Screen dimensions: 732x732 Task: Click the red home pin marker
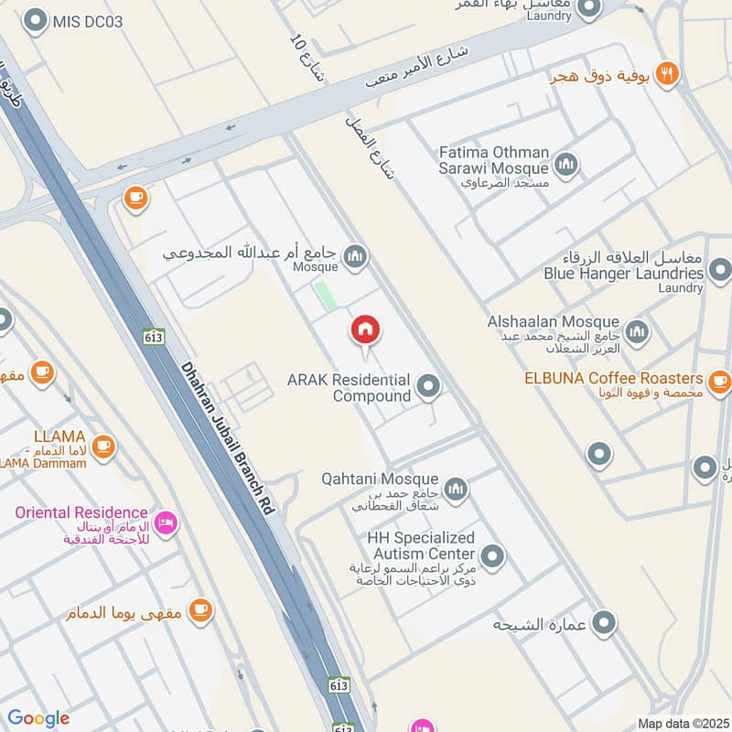366,330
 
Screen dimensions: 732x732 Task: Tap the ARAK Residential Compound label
349,388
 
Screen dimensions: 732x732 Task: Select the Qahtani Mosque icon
456,490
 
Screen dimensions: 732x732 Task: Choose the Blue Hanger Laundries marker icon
720,271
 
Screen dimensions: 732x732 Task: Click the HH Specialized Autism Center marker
493,555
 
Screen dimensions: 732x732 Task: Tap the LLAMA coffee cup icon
103,446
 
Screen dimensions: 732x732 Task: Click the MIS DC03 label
88,20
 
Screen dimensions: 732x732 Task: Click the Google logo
38,719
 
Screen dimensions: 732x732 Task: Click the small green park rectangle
323,296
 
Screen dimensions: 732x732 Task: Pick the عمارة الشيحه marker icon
603,624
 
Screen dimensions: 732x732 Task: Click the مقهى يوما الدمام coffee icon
200,610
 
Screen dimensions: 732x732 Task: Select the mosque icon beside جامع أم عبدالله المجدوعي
357,257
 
